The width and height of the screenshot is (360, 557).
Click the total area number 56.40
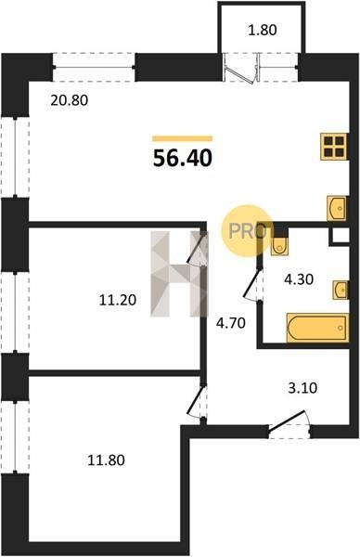(x=183, y=158)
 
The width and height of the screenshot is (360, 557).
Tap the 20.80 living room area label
(x=70, y=100)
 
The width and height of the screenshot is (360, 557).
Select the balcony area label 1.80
(x=263, y=31)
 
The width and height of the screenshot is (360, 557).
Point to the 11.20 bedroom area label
(x=118, y=301)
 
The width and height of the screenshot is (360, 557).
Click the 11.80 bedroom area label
(x=106, y=460)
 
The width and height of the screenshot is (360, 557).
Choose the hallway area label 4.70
(x=231, y=323)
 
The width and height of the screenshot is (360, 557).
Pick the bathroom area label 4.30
(x=299, y=279)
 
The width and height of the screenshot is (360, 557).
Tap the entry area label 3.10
(x=302, y=388)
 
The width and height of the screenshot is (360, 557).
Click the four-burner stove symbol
(x=334, y=147)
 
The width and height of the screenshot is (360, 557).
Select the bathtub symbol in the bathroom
(x=317, y=328)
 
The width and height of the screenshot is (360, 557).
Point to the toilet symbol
(x=279, y=246)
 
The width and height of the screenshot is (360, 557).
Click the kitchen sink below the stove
(x=336, y=208)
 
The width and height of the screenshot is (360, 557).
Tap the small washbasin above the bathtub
(x=341, y=290)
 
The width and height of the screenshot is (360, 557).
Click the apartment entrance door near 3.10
(x=289, y=424)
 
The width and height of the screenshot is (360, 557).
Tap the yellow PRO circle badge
(x=248, y=231)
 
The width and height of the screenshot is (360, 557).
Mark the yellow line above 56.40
(x=183, y=138)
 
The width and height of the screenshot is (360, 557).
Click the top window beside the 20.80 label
(x=94, y=67)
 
